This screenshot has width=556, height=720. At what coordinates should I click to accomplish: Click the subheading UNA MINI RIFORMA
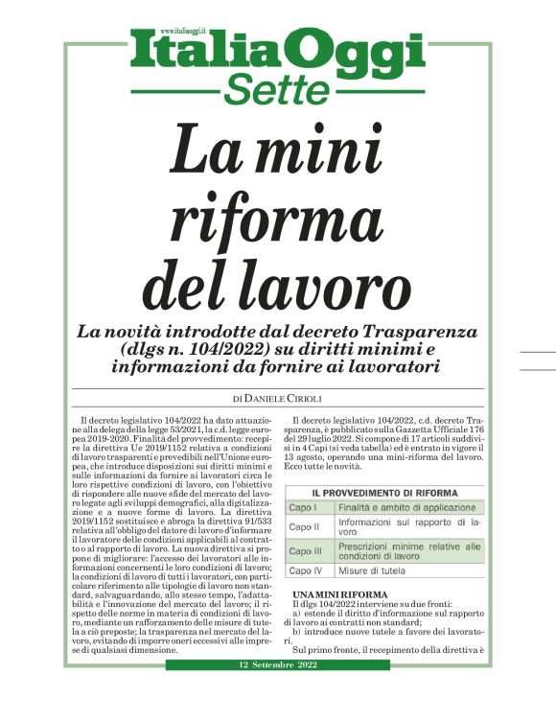(x=327, y=594)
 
